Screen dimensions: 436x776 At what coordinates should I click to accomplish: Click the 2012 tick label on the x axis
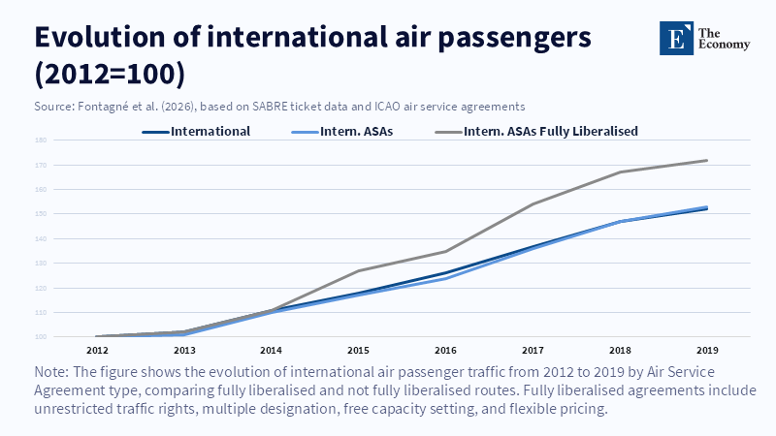coord(97,349)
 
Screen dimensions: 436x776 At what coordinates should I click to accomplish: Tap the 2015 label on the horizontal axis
coord(358,349)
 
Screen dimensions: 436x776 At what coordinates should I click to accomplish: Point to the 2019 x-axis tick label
coord(706,349)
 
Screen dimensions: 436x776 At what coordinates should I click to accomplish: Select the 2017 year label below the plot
coord(533,349)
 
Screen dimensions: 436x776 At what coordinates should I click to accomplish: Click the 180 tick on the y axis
coord(42,140)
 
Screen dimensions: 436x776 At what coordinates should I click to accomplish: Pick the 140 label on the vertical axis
coord(42,238)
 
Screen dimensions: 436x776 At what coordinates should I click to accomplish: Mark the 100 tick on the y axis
coord(42,337)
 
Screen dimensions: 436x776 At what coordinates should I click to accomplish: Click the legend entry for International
coord(210,131)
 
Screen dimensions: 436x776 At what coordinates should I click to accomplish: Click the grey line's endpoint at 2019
coord(706,160)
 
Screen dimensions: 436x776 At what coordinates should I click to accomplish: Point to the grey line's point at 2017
coord(533,204)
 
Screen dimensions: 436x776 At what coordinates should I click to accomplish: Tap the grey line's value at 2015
coord(358,270)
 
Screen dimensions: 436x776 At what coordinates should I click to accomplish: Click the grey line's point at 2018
coord(619,172)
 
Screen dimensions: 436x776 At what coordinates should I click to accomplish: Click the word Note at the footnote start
coord(51,373)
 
